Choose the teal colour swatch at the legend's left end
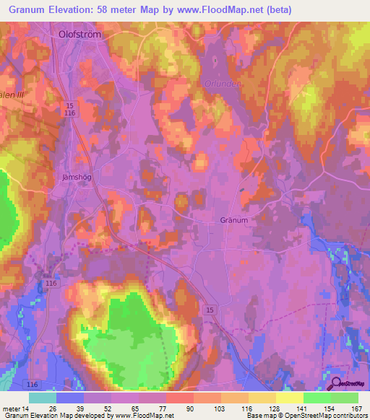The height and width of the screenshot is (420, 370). click(43, 398)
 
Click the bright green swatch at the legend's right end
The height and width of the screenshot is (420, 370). click(345, 398)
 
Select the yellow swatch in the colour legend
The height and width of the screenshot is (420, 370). click(290, 398)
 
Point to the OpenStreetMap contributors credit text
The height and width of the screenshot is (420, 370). click(324, 416)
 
